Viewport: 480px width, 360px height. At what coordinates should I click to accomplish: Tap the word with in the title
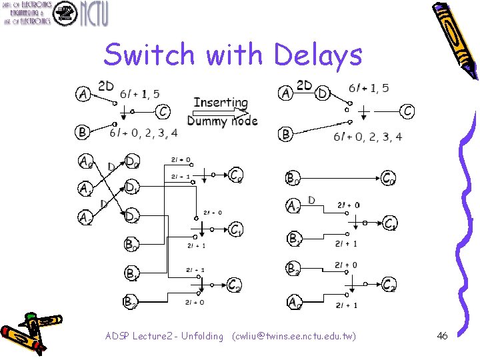(233, 55)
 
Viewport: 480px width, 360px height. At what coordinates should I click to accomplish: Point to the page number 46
(442, 336)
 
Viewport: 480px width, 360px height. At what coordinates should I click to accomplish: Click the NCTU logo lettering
(94, 13)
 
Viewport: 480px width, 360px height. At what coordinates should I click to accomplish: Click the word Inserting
(221, 103)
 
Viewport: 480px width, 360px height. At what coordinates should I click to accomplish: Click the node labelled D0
(132, 162)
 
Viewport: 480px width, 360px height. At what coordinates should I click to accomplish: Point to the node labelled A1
(85, 189)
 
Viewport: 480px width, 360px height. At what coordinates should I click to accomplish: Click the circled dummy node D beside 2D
(323, 93)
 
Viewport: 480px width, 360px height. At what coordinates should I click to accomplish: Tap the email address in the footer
(294, 336)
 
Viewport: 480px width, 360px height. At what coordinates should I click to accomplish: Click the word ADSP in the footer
(117, 336)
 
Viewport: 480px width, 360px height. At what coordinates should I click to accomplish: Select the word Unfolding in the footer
(198, 336)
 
